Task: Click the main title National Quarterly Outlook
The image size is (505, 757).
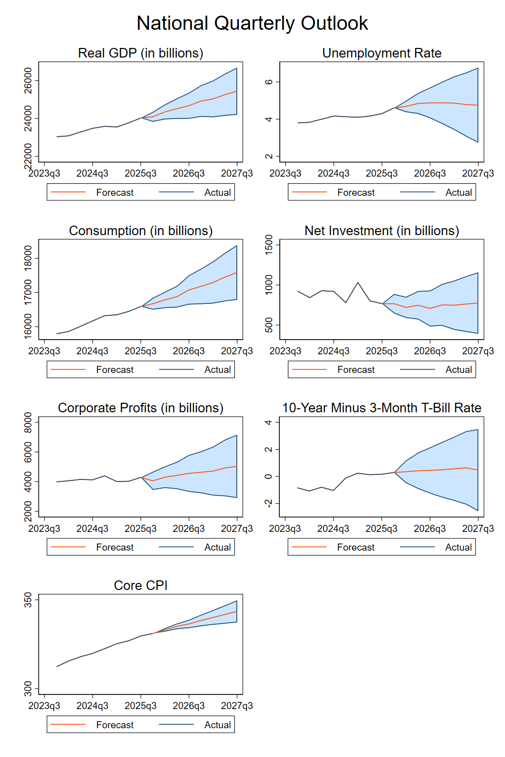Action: (x=252, y=23)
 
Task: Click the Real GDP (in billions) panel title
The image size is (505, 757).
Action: (x=140, y=53)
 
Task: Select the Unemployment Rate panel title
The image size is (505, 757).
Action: (x=382, y=53)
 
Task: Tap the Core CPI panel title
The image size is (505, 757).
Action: (x=140, y=585)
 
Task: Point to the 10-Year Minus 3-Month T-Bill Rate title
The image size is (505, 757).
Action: (x=382, y=408)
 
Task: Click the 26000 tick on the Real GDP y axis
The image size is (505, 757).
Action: (x=28, y=81)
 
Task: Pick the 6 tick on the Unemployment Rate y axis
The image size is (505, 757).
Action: (x=269, y=82)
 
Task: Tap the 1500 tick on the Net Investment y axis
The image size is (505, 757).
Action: (x=269, y=245)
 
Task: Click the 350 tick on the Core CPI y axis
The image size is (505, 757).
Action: (x=28, y=600)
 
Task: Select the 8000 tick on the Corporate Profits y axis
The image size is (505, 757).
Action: (x=28, y=423)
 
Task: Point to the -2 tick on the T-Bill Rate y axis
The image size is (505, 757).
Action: (x=269, y=503)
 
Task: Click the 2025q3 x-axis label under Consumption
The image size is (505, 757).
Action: (x=140, y=351)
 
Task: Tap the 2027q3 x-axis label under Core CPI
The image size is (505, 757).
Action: (x=237, y=706)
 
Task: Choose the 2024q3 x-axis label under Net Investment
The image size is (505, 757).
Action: (x=333, y=351)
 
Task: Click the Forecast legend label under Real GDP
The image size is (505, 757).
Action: (x=115, y=192)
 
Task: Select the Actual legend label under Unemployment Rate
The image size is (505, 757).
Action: (x=459, y=192)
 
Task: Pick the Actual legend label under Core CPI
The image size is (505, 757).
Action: (x=218, y=725)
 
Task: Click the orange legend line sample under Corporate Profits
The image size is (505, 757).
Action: (x=69, y=547)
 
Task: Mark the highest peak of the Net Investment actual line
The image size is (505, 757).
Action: (x=358, y=283)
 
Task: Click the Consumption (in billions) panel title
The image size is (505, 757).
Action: (x=140, y=231)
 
